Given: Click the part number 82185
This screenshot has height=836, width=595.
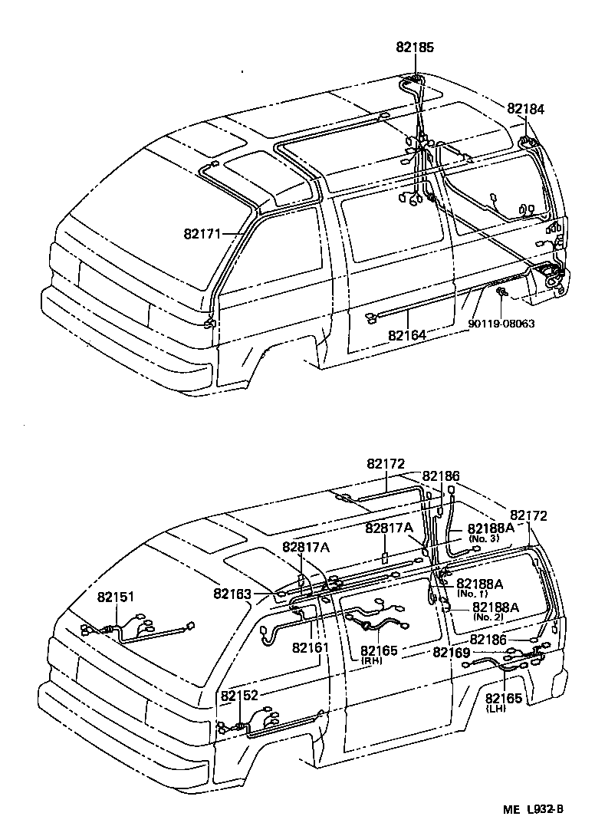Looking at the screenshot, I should [x=415, y=47].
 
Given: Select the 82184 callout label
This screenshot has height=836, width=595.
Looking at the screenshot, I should [x=525, y=110].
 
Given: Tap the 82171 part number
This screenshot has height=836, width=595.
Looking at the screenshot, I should [x=202, y=233].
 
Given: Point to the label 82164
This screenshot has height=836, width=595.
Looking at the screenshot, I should [x=407, y=335].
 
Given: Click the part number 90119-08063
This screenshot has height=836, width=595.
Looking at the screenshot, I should [x=501, y=324].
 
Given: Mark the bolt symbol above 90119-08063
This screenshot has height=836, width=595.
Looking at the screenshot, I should [x=501, y=294].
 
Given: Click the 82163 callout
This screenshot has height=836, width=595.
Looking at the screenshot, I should [x=233, y=593].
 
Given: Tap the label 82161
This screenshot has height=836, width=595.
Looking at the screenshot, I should [x=311, y=648].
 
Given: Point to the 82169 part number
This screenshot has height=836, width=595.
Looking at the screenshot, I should [x=452, y=652].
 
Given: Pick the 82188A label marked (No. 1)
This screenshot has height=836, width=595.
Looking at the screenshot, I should [x=479, y=584].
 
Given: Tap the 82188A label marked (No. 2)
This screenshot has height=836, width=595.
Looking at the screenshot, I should [x=496, y=607].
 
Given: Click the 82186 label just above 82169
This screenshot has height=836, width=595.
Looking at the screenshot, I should [x=488, y=639].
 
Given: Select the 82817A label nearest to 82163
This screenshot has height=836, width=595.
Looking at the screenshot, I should [x=305, y=547].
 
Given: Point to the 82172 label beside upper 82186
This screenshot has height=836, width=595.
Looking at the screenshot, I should [x=385, y=464].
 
